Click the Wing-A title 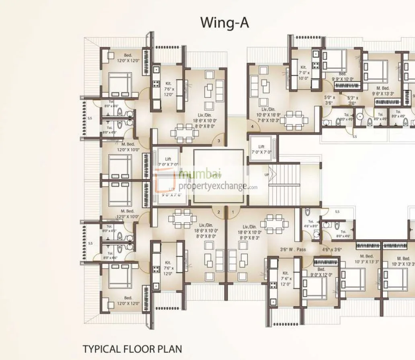pos(224,23)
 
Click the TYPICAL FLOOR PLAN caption pos(132,348)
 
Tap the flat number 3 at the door pos(218,141)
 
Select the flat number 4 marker pos(253,127)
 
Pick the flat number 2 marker pos(219,212)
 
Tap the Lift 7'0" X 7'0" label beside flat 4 pos(261,149)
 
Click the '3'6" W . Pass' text pos(293,250)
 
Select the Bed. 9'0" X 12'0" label pos(321,272)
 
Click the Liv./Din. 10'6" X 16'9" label pos(265,114)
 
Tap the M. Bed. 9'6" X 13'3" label pos(382,91)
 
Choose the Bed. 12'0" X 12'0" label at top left pos(128,58)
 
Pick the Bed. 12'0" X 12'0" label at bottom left pos(128,301)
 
